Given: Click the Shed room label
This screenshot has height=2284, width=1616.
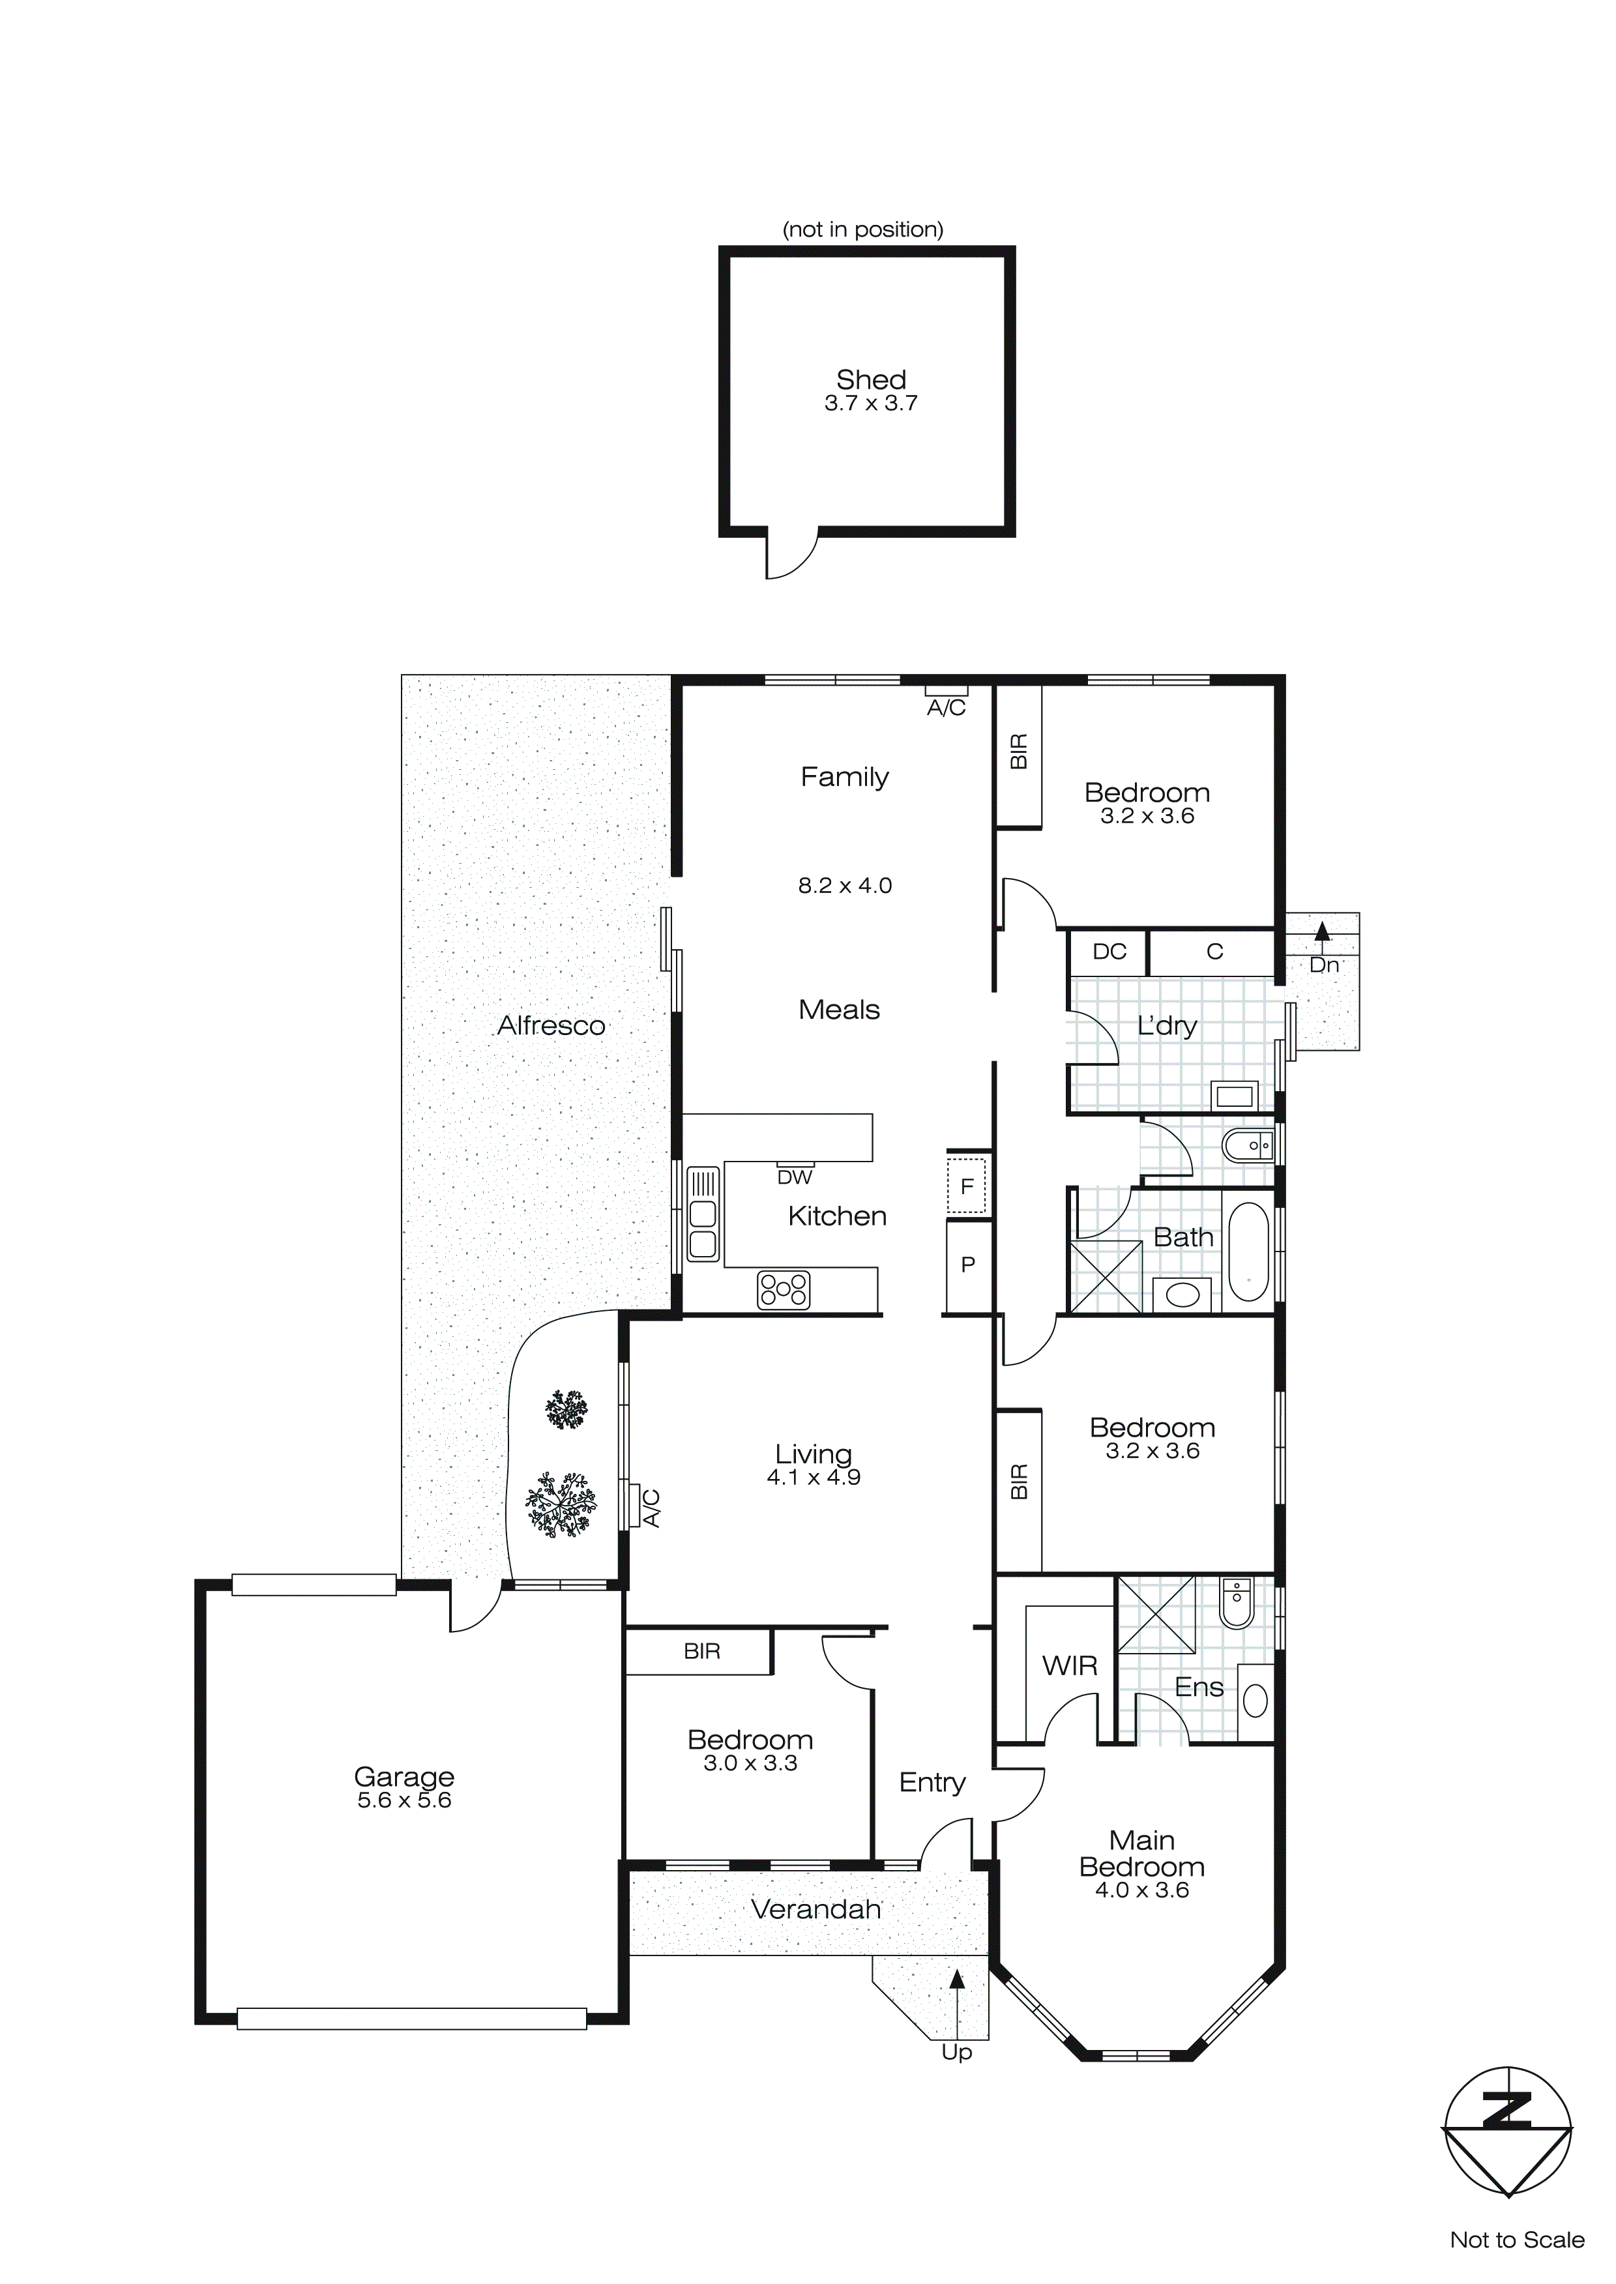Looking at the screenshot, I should (x=871, y=380).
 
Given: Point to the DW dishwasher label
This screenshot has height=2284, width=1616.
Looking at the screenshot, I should (x=795, y=1178).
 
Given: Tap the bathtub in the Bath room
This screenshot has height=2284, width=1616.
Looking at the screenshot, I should (x=1249, y=1253).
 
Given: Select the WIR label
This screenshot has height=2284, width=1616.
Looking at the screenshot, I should (x=1070, y=1665).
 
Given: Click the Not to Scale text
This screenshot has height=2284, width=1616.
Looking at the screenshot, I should (x=1516, y=2239).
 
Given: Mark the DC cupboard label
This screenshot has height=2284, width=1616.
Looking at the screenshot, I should (x=1109, y=952).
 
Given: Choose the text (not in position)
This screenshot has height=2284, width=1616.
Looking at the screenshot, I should (x=862, y=230).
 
